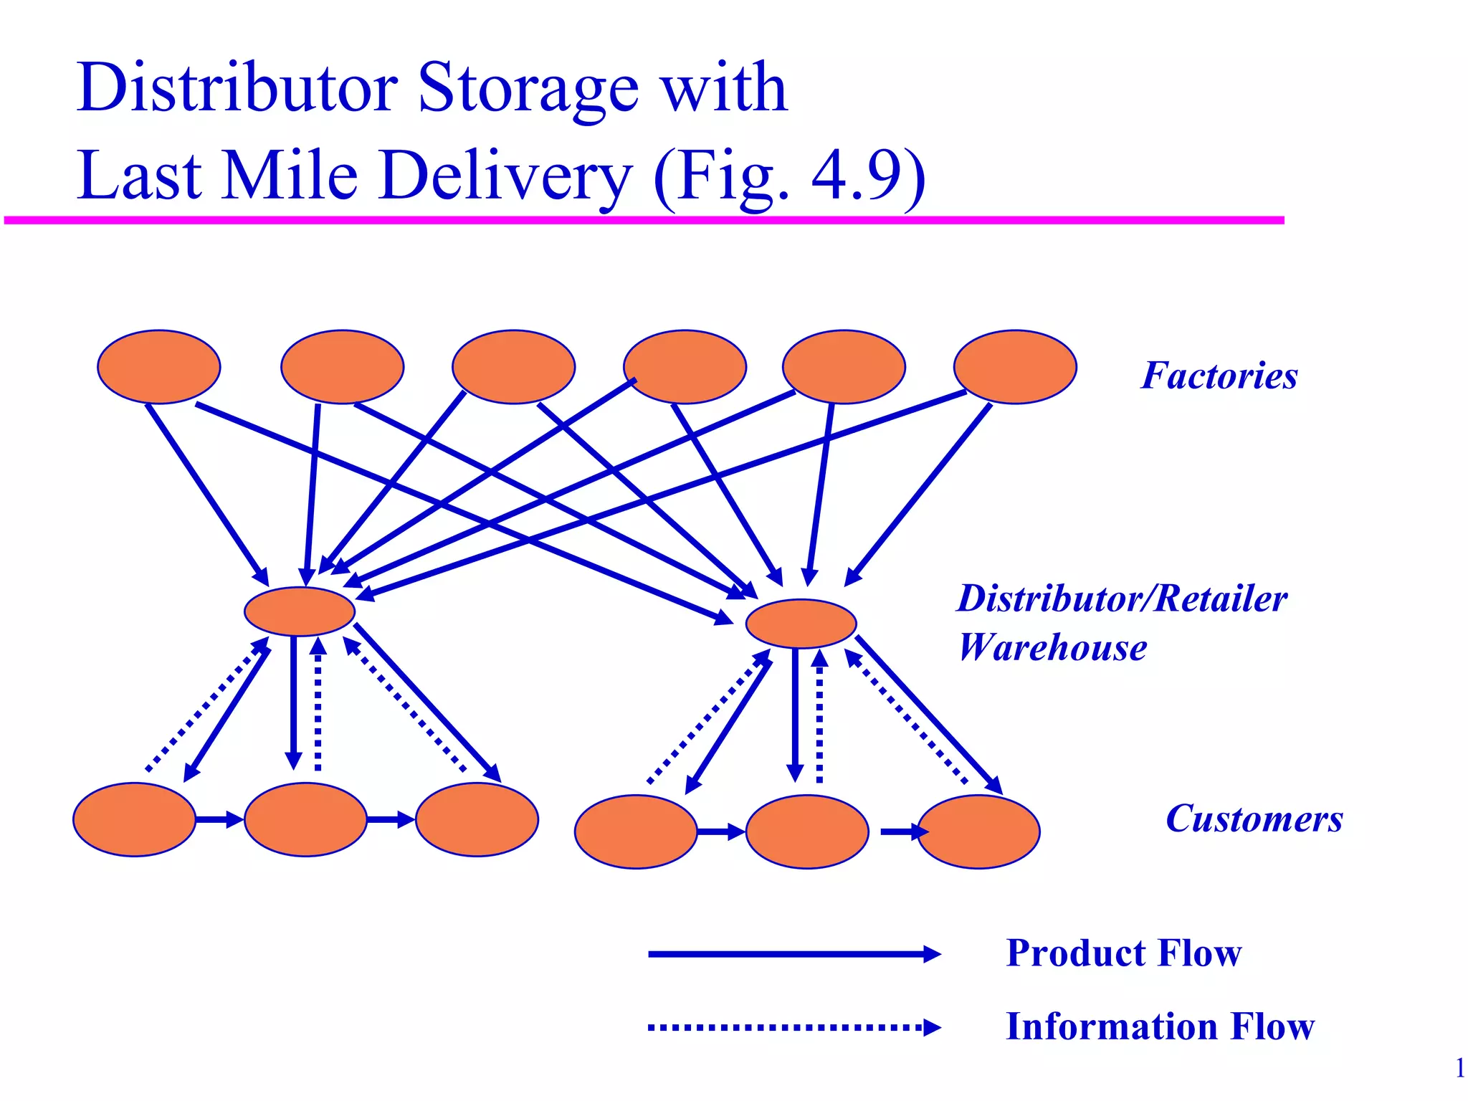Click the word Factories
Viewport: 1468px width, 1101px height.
pos(1219,376)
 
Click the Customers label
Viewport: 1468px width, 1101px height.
pos(1254,819)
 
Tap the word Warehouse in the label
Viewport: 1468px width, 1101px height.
pos(1052,647)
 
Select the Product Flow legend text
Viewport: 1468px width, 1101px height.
pos(1123,953)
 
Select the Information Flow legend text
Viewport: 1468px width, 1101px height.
pos(1160,1026)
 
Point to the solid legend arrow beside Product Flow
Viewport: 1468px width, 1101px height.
pos(792,954)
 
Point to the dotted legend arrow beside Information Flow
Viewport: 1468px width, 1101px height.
pos(792,1027)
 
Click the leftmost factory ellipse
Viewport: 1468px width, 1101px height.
pos(158,367)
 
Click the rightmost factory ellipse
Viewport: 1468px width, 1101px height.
pos(1014,367)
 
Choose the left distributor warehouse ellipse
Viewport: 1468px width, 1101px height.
pos(300,611)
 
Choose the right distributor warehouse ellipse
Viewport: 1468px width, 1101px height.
pos(801,624)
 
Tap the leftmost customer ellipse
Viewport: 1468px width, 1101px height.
pos(134,819)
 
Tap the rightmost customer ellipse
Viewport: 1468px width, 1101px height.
pos(978,831)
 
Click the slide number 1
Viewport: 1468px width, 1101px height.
pos(1459,1069)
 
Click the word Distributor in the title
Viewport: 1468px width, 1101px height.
pos(237,87)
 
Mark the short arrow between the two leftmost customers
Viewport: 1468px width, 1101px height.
pos(219,819)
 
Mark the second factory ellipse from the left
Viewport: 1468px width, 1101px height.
pos(342,367)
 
